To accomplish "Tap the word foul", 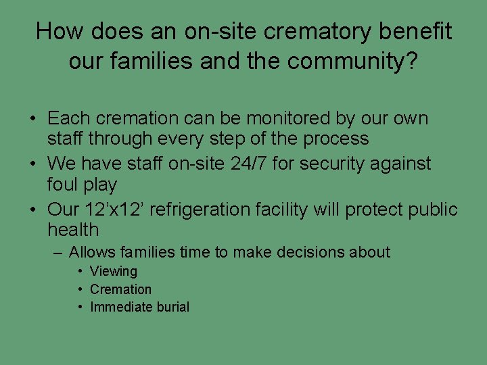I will click(63, 185).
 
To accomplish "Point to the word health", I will click(73, 230).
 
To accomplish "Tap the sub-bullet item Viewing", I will click(114, 271).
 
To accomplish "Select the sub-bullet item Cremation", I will click(121, 289).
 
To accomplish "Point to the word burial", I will click(172, 307).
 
